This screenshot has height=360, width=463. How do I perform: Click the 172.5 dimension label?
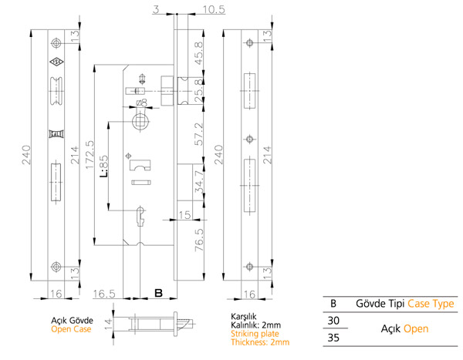click(x=90, y=155)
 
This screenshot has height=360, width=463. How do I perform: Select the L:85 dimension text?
click(x=103, y=167)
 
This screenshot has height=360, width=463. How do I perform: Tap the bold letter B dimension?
click(x=158, y=293)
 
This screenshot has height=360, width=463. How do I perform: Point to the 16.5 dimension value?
click(x=104, y=294)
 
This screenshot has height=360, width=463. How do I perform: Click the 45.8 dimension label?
click(x=199, y=53)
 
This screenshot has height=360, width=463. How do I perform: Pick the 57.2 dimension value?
click(x=199, y=134)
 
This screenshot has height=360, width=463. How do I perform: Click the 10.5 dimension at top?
click(x=214, y=10)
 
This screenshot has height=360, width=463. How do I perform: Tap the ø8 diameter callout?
click(x=141, y=103)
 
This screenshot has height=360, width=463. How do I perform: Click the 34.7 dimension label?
click(x=200, y=182)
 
